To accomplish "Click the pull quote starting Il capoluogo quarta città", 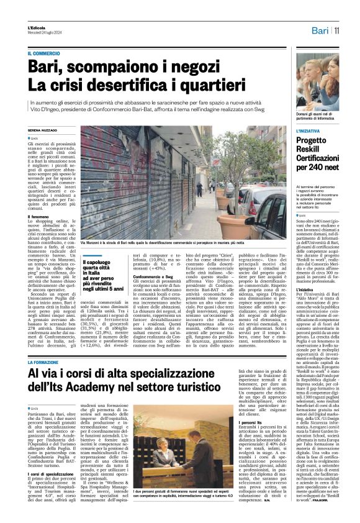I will (x=100, y=268).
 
